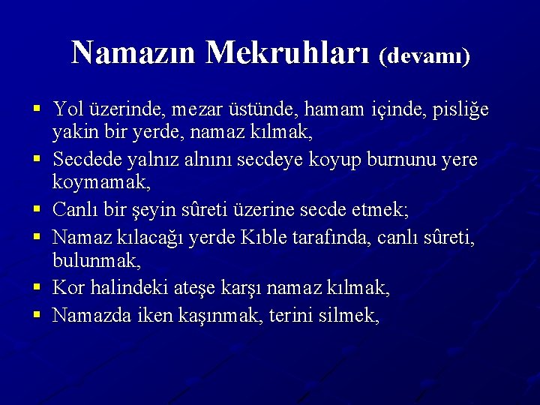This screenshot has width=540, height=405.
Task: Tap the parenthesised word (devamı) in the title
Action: coord(425,56)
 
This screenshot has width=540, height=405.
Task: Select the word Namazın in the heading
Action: coord(136,52)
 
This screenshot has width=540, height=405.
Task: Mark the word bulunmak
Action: coord(94,262)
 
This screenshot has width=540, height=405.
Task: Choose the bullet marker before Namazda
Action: coord(36,315)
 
